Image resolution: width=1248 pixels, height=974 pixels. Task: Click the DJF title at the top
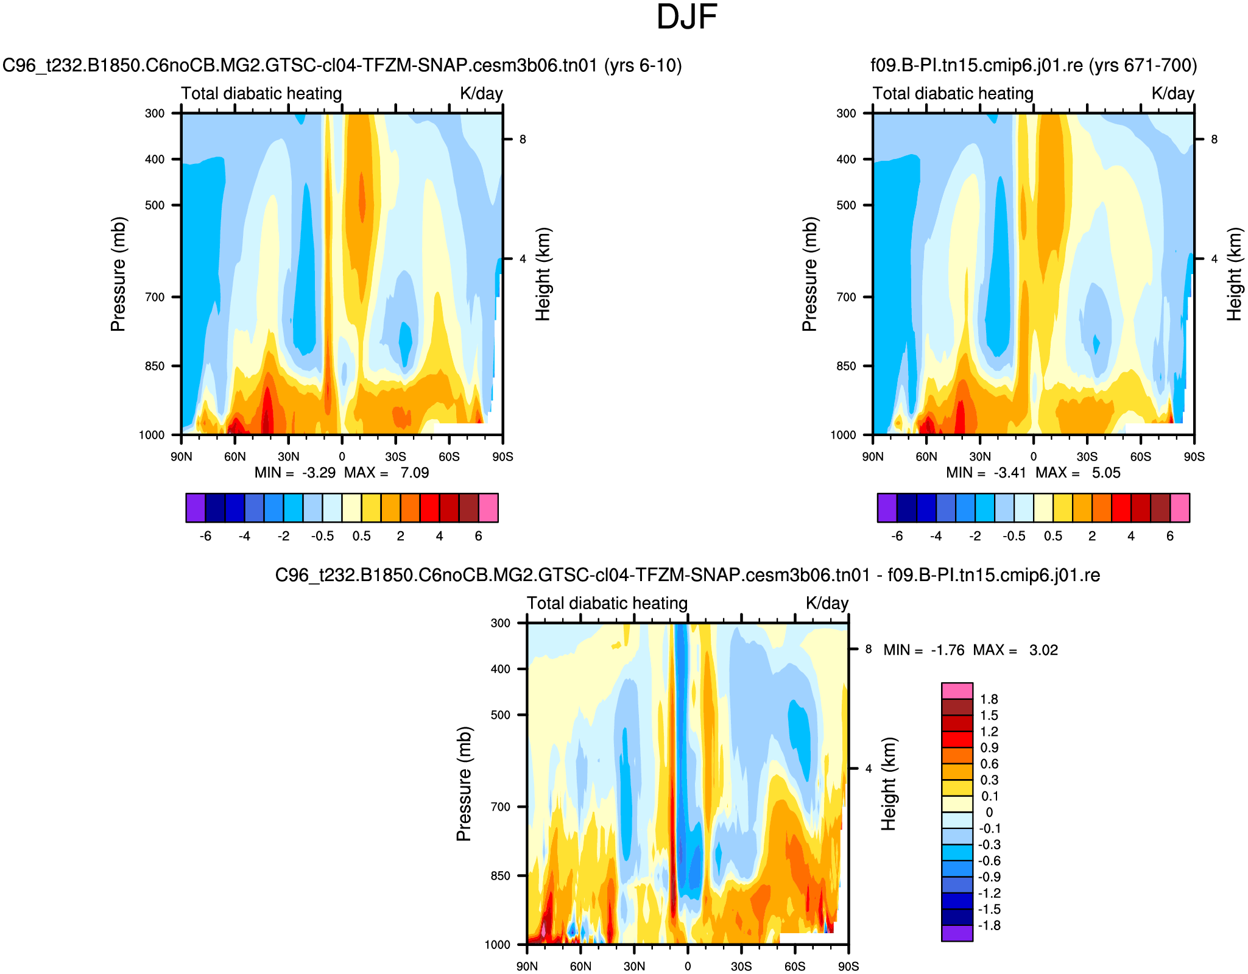(x=686, y=18)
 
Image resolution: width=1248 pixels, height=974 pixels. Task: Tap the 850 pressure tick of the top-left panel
(x=155, y=366)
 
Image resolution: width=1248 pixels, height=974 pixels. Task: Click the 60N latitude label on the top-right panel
(x=926, y=457)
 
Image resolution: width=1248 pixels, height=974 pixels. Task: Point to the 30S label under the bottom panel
(x=741, y=967)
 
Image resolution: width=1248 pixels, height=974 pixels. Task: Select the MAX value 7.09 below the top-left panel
(x=414, y=473)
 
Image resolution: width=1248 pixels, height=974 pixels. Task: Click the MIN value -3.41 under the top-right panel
(x=1010, y=473)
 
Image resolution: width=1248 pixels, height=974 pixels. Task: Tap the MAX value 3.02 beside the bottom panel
(x=1043, y=651)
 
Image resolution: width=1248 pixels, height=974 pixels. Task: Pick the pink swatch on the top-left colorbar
(x=488, y=508)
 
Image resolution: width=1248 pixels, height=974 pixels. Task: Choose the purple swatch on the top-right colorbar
(x=887, y=508)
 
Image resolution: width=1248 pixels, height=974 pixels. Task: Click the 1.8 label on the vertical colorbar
(x=989, y=699)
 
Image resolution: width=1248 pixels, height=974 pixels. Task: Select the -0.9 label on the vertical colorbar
(x=989, y=877)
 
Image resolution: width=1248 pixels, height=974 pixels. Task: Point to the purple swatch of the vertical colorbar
(x=957, y=933)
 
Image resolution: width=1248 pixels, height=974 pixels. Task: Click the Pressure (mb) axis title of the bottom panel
(x=464, y=784)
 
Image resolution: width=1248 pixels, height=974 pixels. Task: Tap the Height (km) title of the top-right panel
(x=1234, y=274)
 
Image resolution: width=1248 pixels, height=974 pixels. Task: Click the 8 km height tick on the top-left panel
(x=523, y=139)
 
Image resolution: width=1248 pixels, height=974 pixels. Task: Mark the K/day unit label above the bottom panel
(x=827, y=604)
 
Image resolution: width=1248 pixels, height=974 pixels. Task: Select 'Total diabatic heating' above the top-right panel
(x=953, y=94)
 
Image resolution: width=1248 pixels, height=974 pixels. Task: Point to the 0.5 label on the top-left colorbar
(x=361, y=537)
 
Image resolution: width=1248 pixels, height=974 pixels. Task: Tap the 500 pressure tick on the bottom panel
(x=501, y=715)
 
